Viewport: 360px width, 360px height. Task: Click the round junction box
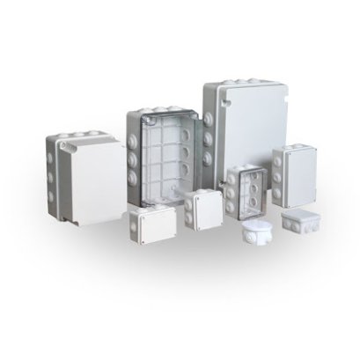coord(257,233)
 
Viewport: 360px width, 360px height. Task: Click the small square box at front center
coord(203,210)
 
